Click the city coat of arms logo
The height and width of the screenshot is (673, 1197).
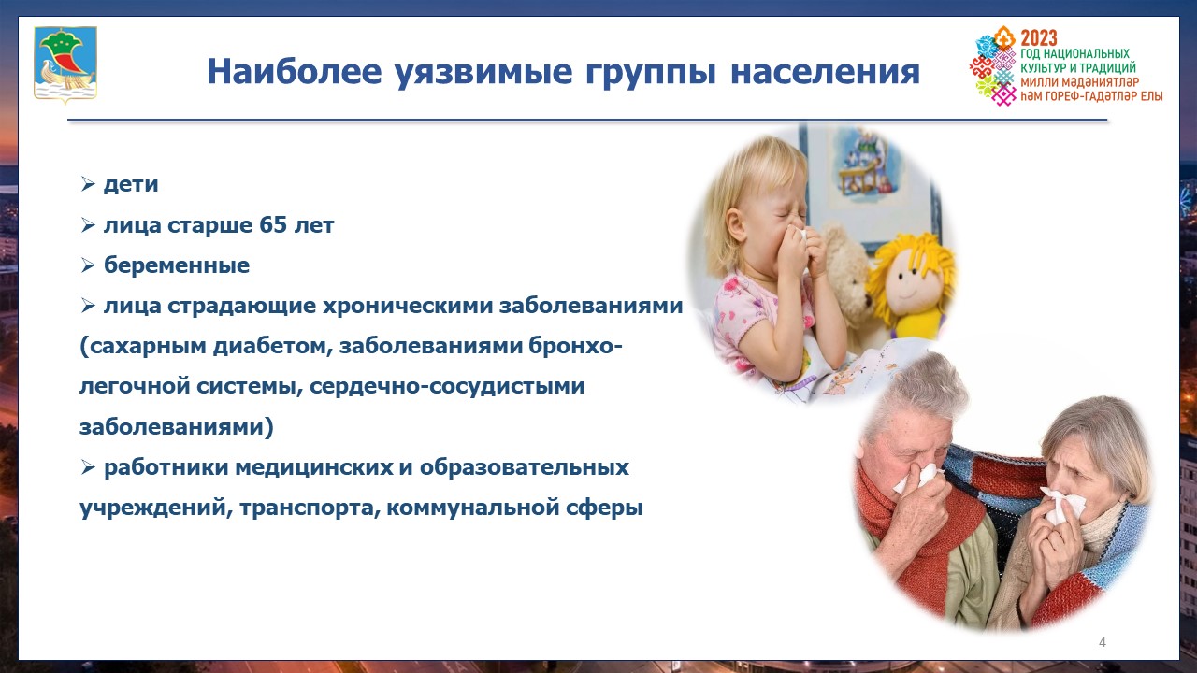(65, 64)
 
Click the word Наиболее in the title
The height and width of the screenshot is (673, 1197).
(295, 71)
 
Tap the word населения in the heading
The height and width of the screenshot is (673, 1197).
(825, 72)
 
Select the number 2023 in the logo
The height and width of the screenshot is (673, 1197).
(1039, 38)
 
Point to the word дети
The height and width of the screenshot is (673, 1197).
(131, 184)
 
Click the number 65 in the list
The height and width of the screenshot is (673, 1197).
(272, 224)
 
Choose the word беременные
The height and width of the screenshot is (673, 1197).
(177, 265)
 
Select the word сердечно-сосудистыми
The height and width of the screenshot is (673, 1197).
(447, 386)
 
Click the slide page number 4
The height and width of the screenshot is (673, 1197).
(1103, 642)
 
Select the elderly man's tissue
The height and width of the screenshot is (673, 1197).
(918, 477)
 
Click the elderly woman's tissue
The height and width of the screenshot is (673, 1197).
(1063, 505)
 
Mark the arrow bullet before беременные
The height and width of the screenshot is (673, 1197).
(88, 265)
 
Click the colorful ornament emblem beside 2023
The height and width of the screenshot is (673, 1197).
(993, 65)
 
